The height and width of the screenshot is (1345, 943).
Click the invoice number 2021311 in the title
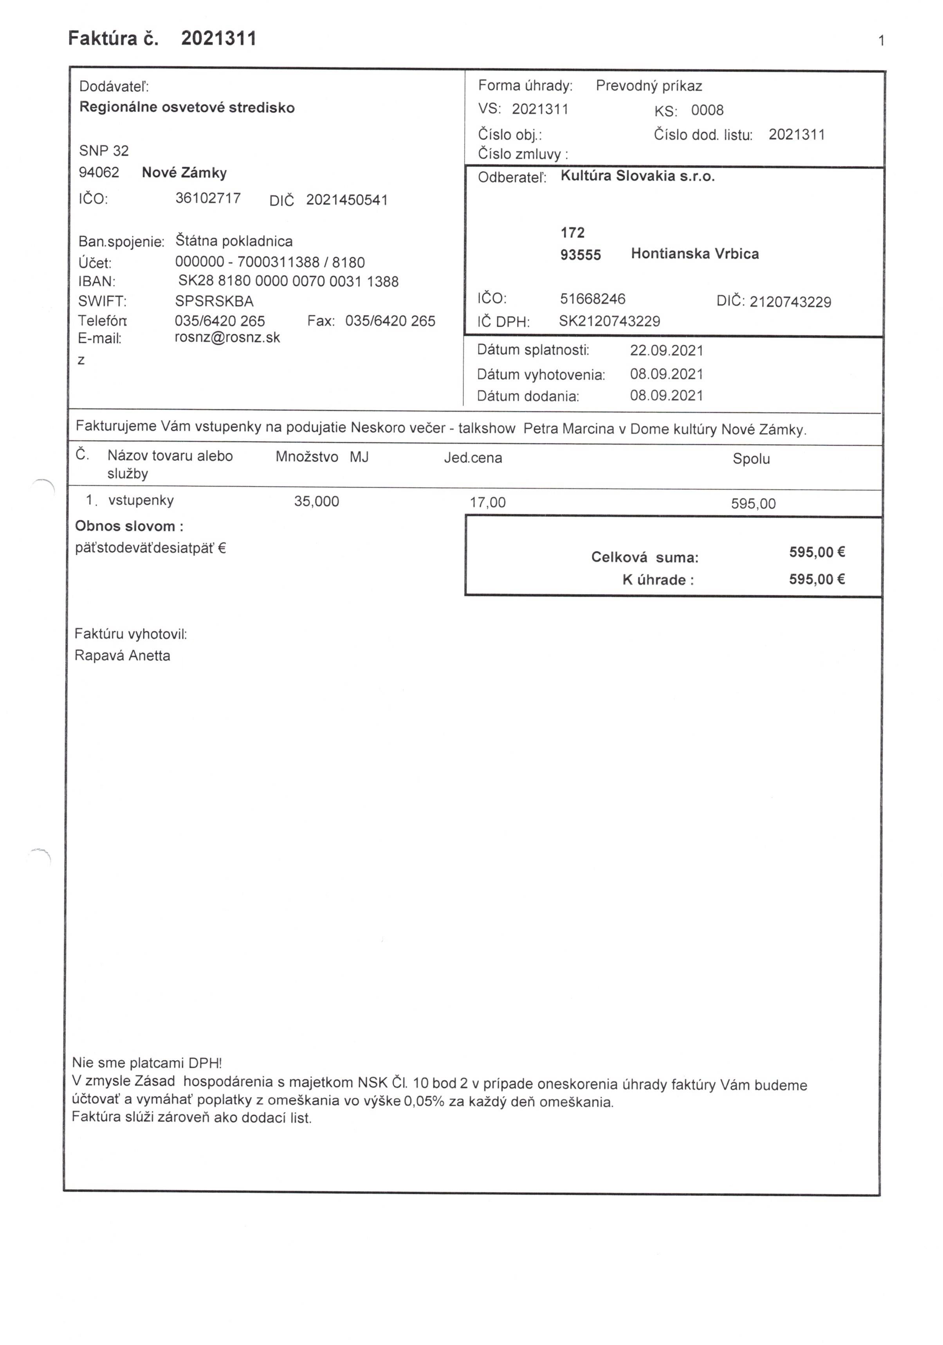coord(218,39)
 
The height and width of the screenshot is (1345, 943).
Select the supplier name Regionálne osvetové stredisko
coord(187,107)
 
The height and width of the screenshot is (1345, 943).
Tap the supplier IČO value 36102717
coord(208,198)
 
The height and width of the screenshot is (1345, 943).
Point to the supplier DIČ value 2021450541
coord(347,200)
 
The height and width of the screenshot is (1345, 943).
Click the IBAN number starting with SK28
coord(288,282)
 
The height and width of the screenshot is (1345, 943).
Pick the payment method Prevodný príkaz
coord(649,86)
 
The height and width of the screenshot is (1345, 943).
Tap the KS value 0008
coord(707,110)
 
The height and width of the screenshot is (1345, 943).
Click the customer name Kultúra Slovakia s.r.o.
coord(638,176)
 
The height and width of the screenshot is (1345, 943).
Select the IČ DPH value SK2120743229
coord(609,321)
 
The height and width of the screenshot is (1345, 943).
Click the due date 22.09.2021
coord(666,350)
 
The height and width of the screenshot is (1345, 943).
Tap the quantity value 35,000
coord(316,501)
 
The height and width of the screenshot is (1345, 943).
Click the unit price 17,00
coord(488,502)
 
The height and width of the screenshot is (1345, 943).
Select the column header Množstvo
coord(307,457)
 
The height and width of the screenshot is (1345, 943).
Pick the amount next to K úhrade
coord(817,579)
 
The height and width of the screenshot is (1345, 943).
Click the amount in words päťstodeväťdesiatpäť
coord(150,548)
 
